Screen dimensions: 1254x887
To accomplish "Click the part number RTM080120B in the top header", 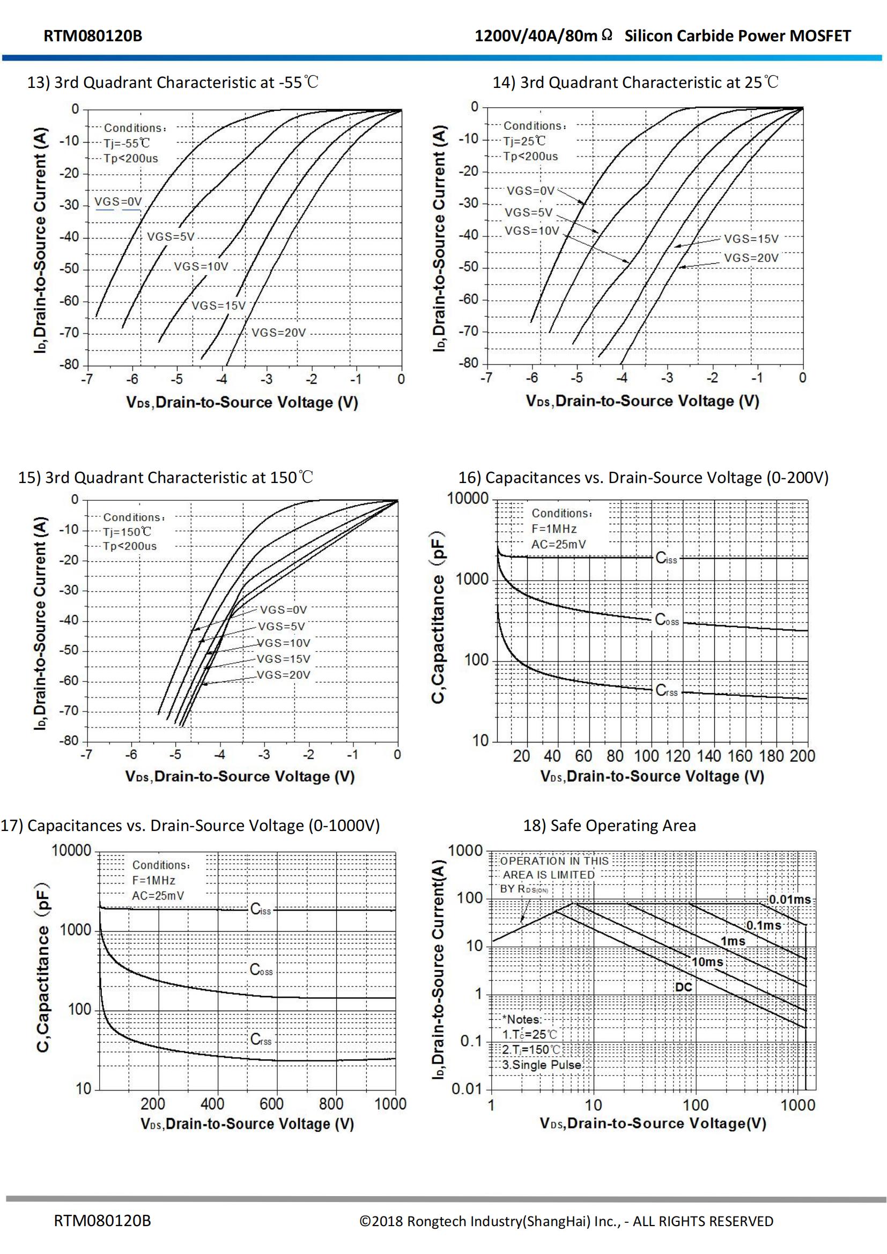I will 93,36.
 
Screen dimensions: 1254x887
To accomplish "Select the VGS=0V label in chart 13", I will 118,202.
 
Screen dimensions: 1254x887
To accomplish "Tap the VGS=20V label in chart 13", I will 278,332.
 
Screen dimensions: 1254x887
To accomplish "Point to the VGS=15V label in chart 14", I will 751,239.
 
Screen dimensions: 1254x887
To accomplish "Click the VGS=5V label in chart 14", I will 528,212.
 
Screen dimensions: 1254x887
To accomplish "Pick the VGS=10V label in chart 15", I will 284,643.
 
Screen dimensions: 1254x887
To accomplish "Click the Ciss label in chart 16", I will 666,558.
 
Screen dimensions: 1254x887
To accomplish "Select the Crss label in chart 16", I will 667,691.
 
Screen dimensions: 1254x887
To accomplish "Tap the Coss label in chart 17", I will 261,969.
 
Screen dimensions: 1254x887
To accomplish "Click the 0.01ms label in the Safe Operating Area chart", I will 790,900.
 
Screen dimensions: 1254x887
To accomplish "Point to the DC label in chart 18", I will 683,987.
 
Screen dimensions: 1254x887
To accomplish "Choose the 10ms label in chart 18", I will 707,962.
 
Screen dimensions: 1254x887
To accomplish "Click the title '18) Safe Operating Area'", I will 610,825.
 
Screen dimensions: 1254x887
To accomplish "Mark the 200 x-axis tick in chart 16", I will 802,756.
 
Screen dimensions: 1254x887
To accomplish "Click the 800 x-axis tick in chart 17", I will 331,1104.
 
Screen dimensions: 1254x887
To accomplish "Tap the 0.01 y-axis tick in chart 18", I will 467,1089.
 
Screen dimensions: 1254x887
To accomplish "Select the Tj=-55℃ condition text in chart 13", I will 127,143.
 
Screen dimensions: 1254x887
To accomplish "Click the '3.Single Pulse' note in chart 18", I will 541,1065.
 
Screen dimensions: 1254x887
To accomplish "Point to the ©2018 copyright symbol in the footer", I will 365,1221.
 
